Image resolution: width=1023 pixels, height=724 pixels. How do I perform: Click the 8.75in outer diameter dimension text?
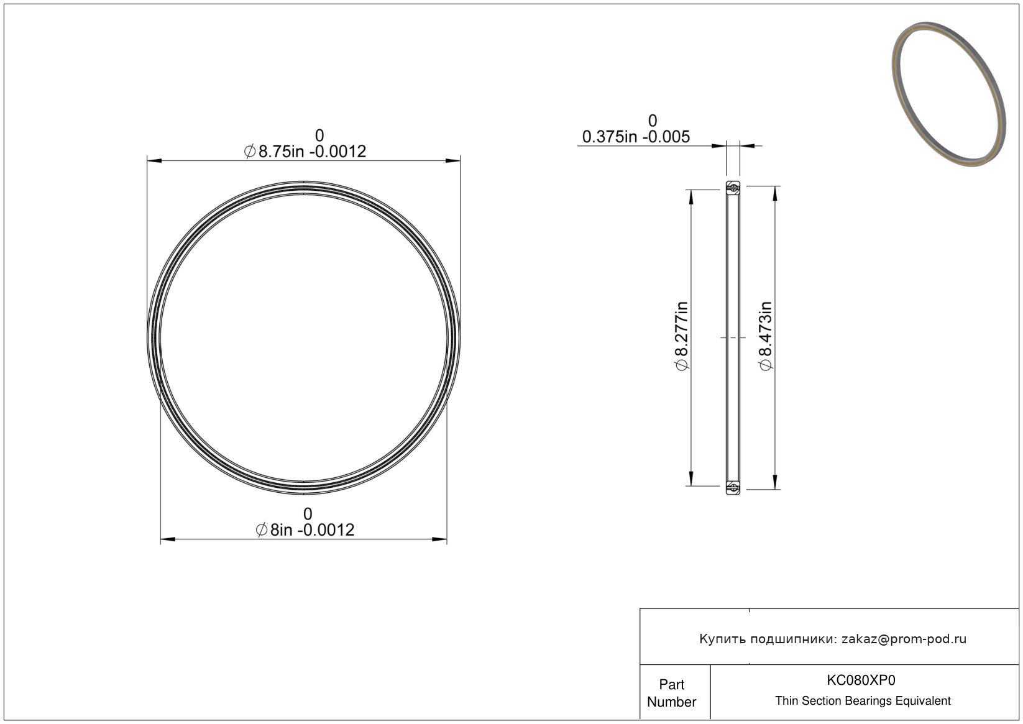[x=305, y=151]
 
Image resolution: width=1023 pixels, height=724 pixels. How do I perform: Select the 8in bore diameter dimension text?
[x=305, y=530]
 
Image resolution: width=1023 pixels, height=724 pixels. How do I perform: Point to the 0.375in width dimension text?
[x=636, y=137]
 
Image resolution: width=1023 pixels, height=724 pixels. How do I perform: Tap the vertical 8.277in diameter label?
[x=681, y=336]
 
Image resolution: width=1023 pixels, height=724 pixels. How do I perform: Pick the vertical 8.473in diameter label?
[x=766, y=336]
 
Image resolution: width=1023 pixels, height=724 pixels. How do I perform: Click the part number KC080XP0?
[x=861, y=680]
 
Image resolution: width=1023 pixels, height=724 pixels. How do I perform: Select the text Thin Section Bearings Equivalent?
[x=863, y=701]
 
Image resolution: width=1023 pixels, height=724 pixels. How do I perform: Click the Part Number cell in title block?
[x=672, y=693]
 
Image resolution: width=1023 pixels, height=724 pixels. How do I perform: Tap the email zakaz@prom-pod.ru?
[x=904, y=639]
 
